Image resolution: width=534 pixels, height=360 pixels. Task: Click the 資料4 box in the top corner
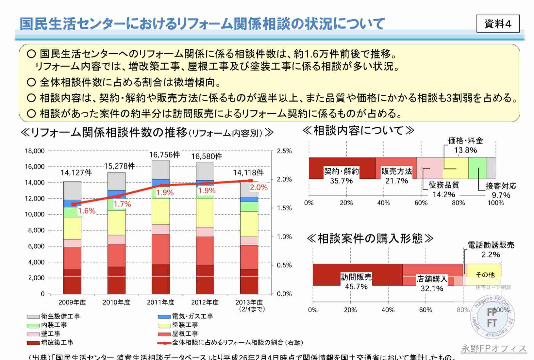(498, 24)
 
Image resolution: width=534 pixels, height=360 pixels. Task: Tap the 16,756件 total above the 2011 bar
(164, 155)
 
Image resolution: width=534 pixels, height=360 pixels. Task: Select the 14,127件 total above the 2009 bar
(76, 172)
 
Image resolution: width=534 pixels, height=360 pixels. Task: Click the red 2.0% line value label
(259, 187)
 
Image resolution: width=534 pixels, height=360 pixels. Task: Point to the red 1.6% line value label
(87, 211)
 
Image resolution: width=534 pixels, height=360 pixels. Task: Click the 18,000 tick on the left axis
(35, 151)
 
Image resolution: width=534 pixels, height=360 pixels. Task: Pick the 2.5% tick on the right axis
(284, 151)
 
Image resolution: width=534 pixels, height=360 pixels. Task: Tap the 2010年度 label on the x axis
(116, 302)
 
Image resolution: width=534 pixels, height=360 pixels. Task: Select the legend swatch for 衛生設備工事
(33, 317)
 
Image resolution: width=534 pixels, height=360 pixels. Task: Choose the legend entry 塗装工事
(185, 325)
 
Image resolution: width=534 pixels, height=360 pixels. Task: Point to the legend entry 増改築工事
(57, 342)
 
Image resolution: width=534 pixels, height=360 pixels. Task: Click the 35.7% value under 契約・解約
(341, 181)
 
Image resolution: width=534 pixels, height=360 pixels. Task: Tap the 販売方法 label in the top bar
(397, 171)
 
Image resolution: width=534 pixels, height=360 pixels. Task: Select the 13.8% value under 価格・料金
(465, 150)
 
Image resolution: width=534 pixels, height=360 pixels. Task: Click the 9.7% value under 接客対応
(501, 195)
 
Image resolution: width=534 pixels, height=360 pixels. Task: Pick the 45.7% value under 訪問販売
(356, 286)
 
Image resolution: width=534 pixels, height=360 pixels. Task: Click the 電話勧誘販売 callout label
(491, 245)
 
